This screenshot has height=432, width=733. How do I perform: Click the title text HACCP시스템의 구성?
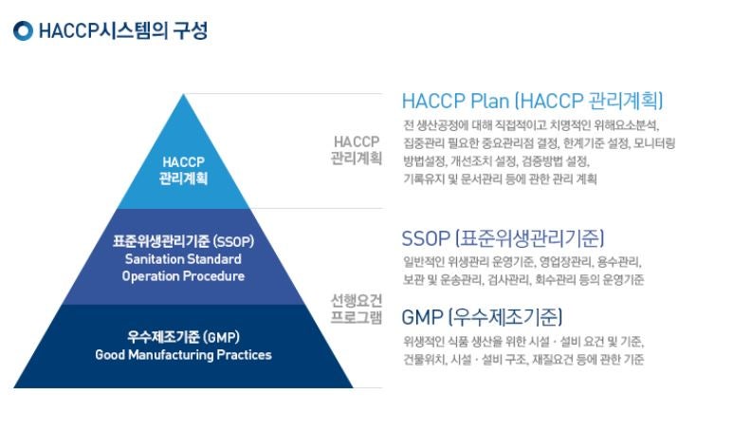coord(123,31)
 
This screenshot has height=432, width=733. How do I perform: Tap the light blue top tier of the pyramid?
coord(183,168)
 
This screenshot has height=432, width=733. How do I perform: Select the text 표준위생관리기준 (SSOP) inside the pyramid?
coord(183,241)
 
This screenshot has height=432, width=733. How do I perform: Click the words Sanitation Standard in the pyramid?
coord(183,259)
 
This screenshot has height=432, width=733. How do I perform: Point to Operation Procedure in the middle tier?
coord(183,276)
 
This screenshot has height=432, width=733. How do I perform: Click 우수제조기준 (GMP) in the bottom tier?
coord(183,337)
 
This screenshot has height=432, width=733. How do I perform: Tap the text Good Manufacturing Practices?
coord(183,355)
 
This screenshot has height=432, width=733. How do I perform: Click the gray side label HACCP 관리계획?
coord(357,150)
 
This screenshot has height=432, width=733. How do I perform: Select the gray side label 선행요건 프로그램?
coord(357,309)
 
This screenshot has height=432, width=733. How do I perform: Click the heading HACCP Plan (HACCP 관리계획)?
coord(533,101)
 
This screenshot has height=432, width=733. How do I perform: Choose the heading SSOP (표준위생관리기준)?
coord(503,238)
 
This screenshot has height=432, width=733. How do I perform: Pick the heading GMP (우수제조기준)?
coord(482,317)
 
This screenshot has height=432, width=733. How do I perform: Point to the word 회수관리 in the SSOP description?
coord(556,280)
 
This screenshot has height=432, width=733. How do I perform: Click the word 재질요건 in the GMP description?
coord(552,360)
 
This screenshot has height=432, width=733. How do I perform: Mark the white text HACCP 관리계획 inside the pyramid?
coord(183,170)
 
